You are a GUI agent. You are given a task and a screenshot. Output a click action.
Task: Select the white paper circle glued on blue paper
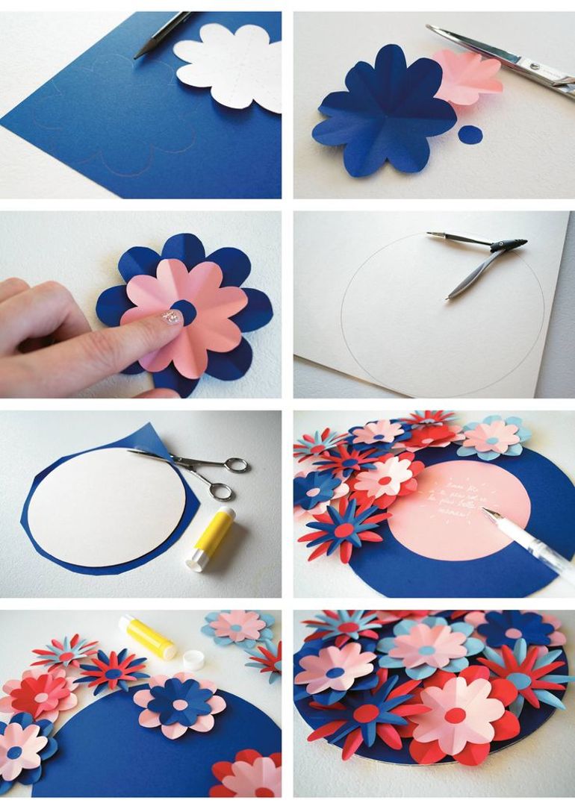[105, 496]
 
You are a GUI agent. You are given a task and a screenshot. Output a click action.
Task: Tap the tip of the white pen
[484, 510]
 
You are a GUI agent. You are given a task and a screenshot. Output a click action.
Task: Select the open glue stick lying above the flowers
[149, 636]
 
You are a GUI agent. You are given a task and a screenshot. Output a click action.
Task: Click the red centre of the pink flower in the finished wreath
[455, 716]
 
